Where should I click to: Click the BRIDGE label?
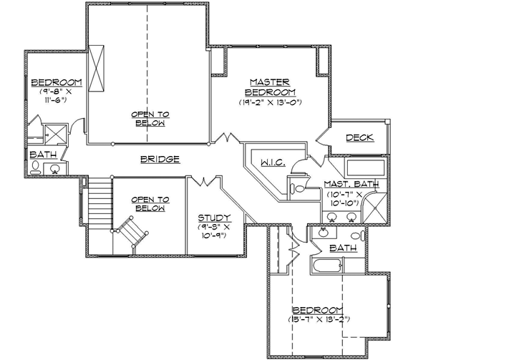coord(159,159)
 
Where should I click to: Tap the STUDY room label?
coord(213,218)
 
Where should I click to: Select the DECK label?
coord(359,137)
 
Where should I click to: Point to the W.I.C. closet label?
coord(272,163)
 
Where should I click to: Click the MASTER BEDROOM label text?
coord(270,87)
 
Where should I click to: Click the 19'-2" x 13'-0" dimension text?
coord(270,102)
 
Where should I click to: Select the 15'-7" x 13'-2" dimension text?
coord(319,318)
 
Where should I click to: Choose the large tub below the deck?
coord(365,170)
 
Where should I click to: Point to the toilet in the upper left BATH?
coord(36,168)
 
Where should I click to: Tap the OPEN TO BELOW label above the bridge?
coord(149,118)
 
